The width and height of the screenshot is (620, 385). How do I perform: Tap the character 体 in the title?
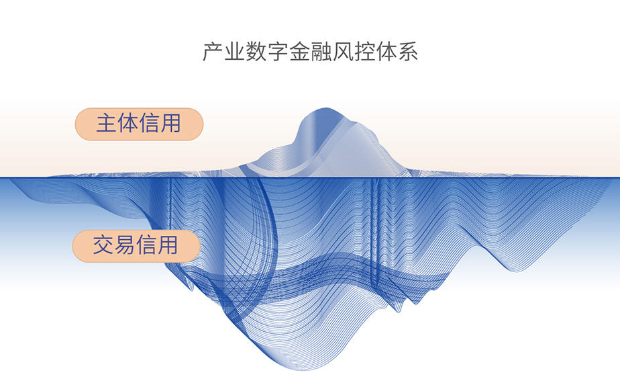[386, 52]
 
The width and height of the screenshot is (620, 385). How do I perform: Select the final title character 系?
[409, 52]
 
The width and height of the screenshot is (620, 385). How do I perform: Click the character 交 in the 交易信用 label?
[103, 245]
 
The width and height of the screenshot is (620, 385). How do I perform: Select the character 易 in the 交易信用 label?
[125, 245]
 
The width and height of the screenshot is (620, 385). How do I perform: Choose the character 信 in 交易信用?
[146, 245]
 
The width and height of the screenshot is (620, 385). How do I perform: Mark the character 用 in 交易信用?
[168, 245]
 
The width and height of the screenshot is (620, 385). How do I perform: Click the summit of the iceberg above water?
[325, 109]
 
